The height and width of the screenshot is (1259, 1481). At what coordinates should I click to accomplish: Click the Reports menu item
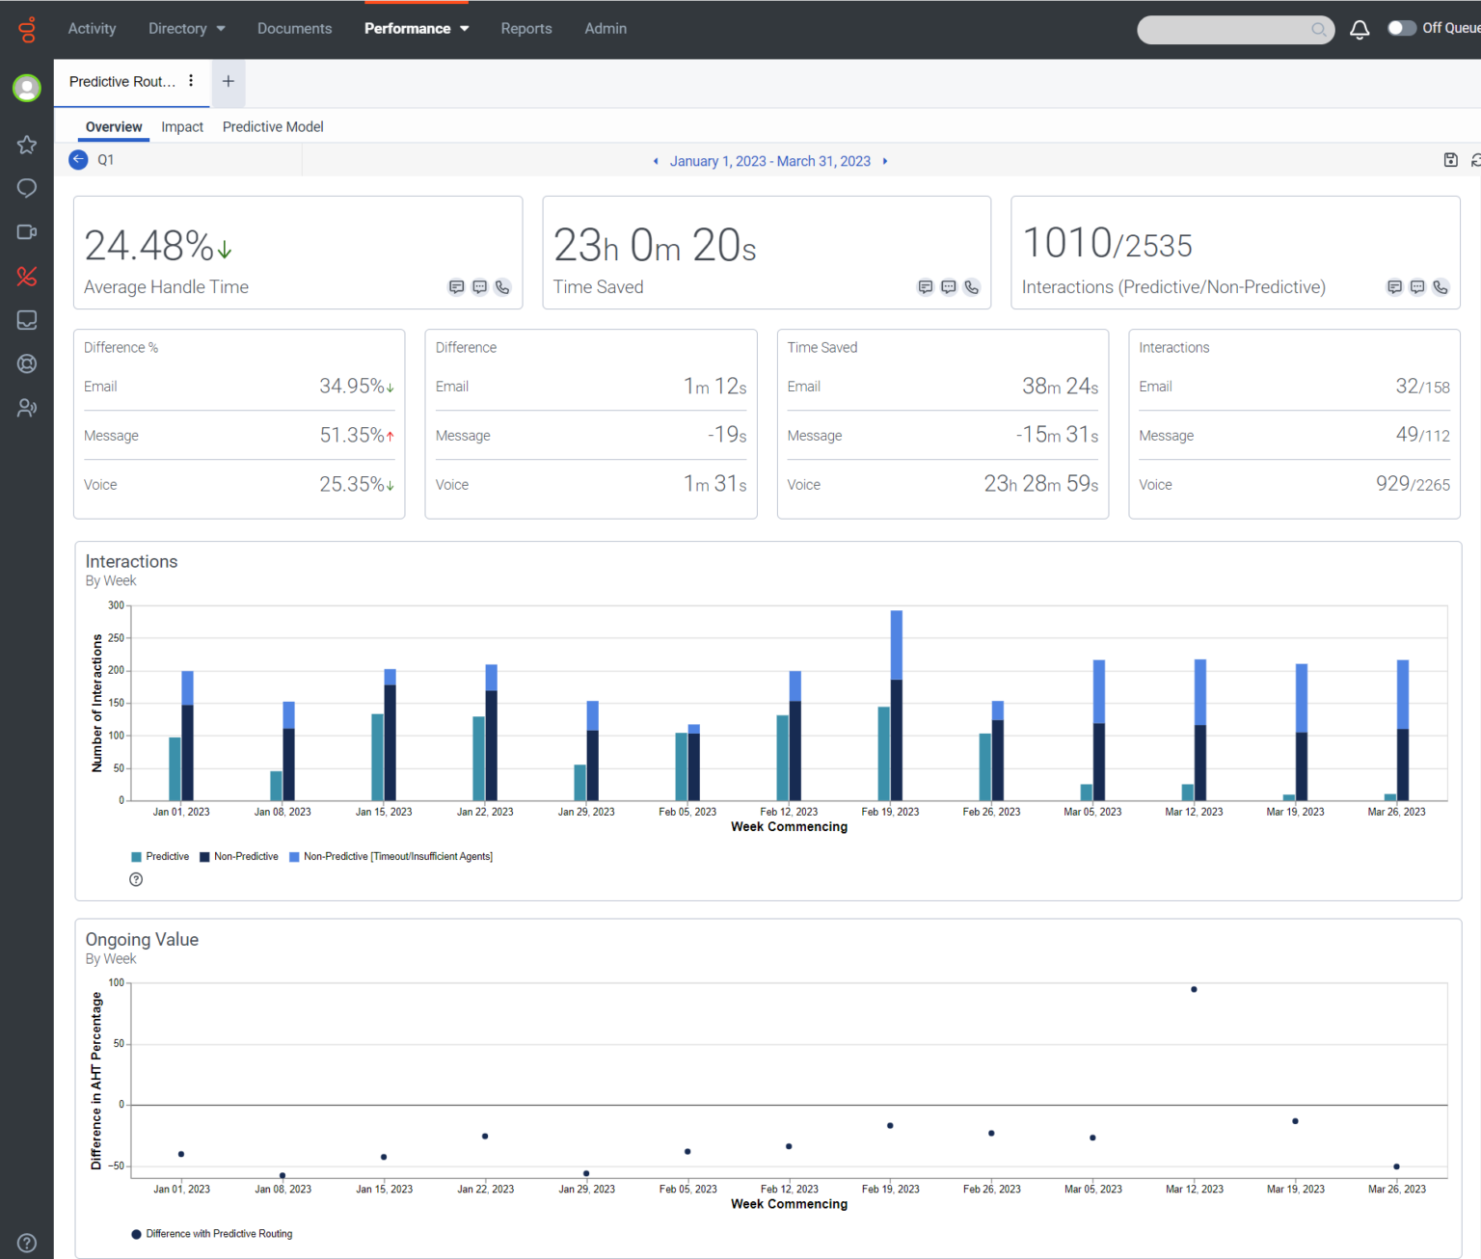tap(525, 29)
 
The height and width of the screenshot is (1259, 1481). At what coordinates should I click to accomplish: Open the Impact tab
tap(182, 127)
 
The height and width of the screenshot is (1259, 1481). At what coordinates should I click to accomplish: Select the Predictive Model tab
tap(273, 127)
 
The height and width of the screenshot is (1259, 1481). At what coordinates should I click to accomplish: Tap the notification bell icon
tap(1360, 30)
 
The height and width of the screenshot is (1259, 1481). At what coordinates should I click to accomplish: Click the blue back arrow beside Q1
tap(79, 160)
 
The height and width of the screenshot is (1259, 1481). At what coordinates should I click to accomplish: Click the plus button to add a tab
tap(229, 82)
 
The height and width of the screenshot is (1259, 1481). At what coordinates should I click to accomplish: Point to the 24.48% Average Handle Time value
tap(149, 246)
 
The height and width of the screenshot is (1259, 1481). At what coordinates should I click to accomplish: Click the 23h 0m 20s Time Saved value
tap(655, 246)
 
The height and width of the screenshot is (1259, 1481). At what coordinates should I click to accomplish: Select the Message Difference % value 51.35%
tap(352, 436)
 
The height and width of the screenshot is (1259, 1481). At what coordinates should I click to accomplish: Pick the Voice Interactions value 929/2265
tap(1413, 484)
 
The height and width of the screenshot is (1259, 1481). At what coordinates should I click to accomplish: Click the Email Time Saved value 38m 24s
tap(1060, 387)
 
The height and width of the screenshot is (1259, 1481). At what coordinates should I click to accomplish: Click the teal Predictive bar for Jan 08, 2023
tap(277, 786)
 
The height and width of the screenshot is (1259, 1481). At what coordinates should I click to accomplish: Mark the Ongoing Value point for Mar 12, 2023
tap(1194, 990)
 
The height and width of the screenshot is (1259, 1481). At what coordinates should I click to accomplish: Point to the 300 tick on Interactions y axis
tap(116, 605)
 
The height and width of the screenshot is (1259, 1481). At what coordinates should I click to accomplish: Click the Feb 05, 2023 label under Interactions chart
tap(687, 812)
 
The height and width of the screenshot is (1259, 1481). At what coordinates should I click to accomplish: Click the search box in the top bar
tap(1225, 30)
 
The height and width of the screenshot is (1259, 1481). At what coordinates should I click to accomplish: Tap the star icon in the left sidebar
tap(27, 145)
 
